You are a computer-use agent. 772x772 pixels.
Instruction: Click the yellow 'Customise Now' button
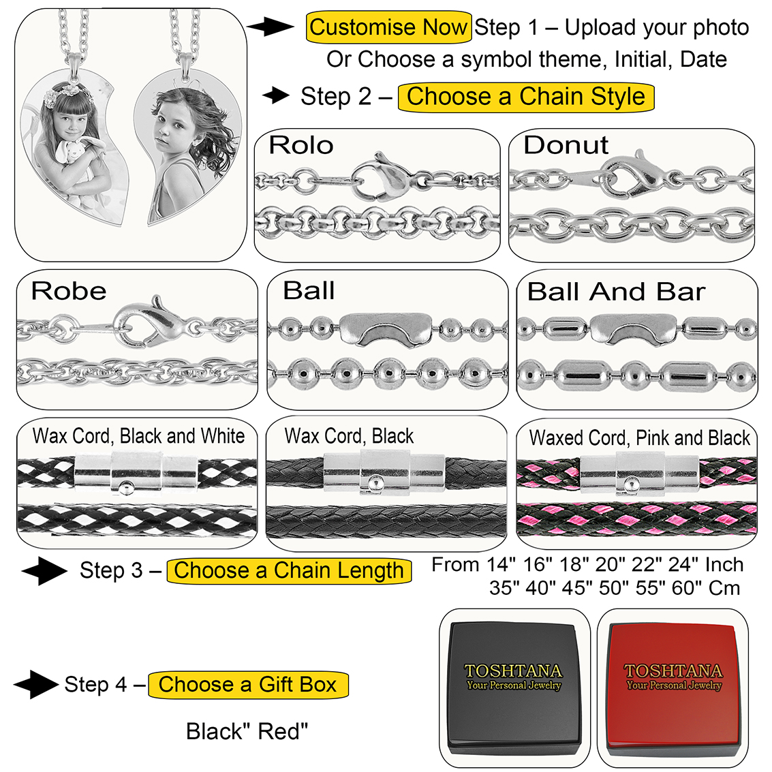pos(388,28)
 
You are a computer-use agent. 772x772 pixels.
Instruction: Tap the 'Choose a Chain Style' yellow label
pos(525,97)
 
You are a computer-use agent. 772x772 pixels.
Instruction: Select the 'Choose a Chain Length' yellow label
pos(289,571)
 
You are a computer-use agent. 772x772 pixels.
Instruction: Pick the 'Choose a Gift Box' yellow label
pos(248,684)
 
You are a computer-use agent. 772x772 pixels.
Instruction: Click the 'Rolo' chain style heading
pos(301,145)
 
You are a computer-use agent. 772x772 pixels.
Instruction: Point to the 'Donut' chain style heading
pos(566,145)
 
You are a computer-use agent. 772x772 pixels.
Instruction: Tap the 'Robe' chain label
pos(69,292)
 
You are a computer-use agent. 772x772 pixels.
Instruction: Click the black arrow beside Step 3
pos(44,571)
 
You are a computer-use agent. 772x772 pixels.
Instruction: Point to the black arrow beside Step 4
pos(35,684)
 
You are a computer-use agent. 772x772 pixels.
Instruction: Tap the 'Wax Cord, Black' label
pos(349,436)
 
